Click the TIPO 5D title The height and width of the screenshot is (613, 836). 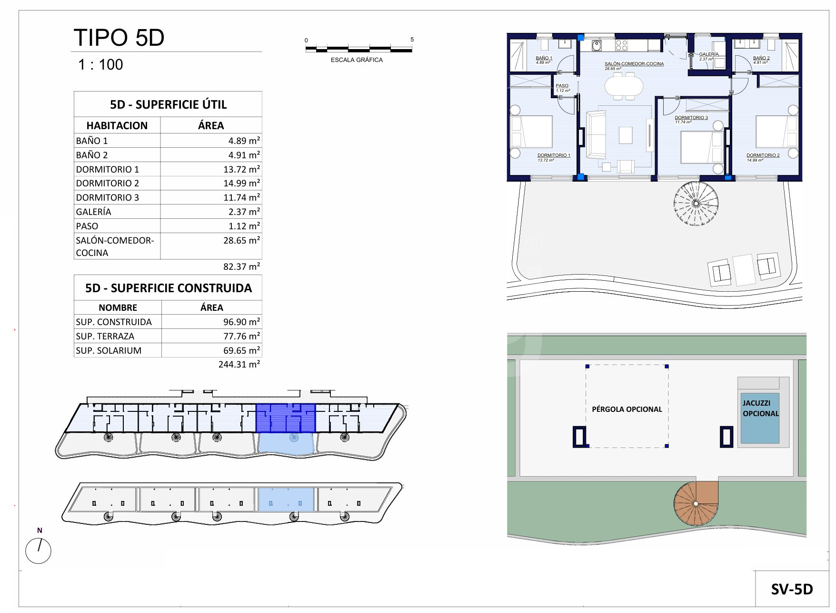click(119, 38)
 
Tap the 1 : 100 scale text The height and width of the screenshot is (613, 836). click(100, 64)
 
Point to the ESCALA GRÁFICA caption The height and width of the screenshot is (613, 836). click(357, 60)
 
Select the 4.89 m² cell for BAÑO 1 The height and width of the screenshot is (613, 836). click(244, 141)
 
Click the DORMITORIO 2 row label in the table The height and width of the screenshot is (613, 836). click(108, 183)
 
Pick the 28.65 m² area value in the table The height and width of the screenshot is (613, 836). click(241, 240)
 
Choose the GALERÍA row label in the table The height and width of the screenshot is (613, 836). click(94, 212)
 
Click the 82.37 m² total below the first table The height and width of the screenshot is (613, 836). click(241, 266)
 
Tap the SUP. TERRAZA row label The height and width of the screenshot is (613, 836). click(105, 336)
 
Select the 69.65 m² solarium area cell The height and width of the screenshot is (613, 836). click(241, 350)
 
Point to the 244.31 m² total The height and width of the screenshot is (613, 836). click(239, 364)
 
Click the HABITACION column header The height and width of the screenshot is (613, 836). click(117, 125)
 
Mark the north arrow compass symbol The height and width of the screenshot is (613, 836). click(38, 551)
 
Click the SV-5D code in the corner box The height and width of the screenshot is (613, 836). click(792, 590)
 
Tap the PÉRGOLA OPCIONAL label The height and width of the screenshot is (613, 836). click(627, 409)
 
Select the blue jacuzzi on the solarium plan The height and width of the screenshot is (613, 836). click(760, 418)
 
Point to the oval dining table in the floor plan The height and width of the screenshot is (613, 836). click(624, 87)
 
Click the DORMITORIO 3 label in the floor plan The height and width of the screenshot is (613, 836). click(691, 117)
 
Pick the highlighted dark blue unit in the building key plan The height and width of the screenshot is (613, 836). click(286, 418)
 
